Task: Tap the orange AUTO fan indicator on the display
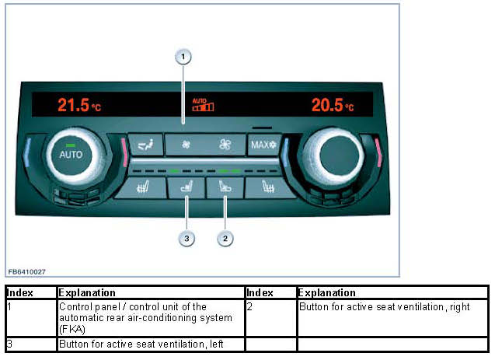203,104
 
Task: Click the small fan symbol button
186,144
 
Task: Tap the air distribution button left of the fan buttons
146,144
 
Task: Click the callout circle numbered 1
183,56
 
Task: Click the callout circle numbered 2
225,238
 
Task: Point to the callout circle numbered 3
186,238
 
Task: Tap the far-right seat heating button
267,187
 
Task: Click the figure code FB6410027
27,271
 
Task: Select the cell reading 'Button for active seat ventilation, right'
385,307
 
